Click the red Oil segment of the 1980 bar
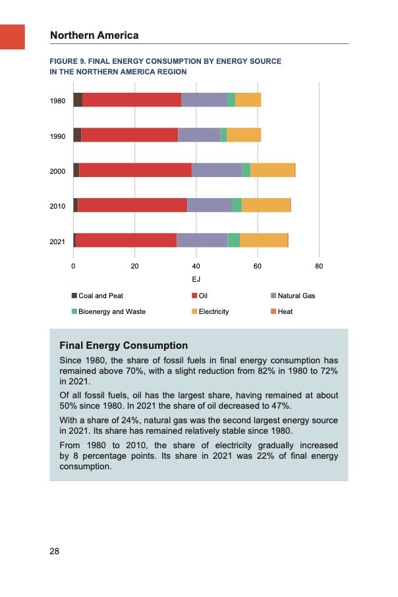point(132,100)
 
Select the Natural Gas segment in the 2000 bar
point(217,170)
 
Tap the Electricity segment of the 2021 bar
point(264,240)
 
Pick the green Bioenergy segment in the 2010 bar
point(237,205)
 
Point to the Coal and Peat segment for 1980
point(78,100)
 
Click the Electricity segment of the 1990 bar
point(244,135)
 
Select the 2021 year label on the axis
point(57,242)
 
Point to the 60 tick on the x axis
point(257,266)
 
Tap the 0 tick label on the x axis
point(73,266)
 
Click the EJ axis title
point(196,279)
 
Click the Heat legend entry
point(285,311)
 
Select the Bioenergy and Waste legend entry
point(112,311)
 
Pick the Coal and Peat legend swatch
point(74,296)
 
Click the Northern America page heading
point(94,35)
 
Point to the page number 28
point(55,551)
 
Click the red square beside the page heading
point(13,36)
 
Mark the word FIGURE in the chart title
point(63,61)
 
